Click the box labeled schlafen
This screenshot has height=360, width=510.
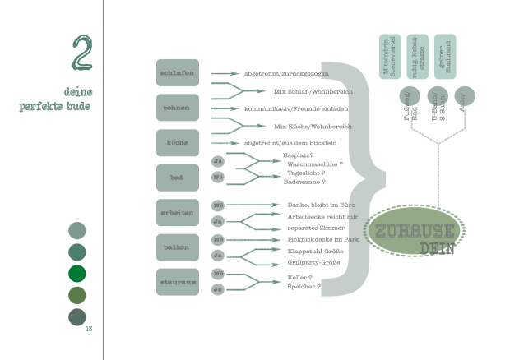click(x=178, y=72)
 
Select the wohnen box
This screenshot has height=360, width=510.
click(x=178, y=108)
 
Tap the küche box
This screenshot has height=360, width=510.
click(x=178, y=142)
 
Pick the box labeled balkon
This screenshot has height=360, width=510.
click(x=178, y=247)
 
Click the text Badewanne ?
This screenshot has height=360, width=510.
click(x=304, y=182)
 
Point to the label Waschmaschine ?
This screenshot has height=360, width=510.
click(x=314, y=164)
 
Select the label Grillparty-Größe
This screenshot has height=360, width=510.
click(x=313, y=262)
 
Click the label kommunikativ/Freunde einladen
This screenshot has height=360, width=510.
click(x=285, y=108)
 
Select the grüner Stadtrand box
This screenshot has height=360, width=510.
click(x=444, y=56)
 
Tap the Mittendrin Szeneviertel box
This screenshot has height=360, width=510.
click(x=389, y=56)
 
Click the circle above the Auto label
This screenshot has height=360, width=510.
click(x=465, y=96)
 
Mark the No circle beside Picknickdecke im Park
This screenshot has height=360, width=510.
click(x=217, y=239)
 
